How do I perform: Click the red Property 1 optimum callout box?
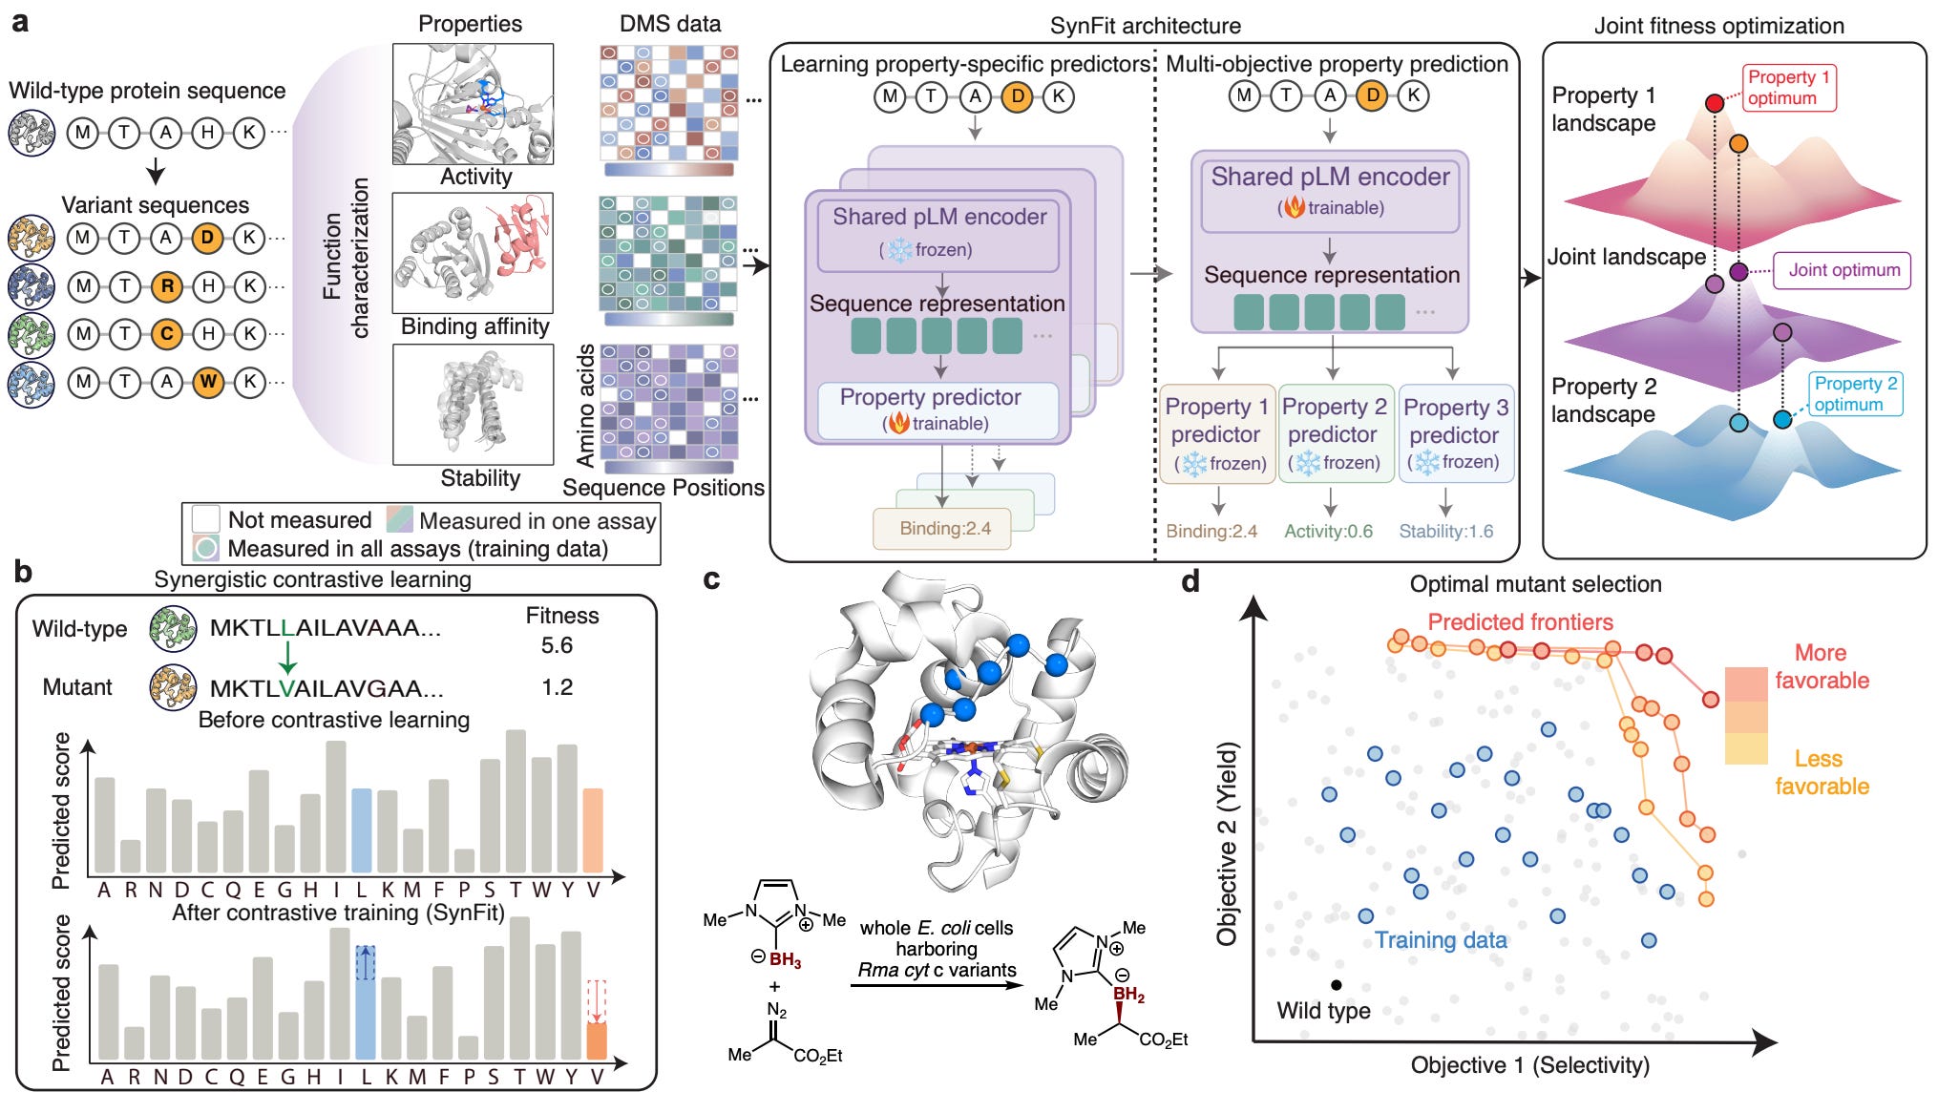coord(1788,88)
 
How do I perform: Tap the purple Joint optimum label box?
coord(1843,270)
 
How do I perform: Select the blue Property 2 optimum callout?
coord(1855,393)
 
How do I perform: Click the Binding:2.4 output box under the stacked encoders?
coord(942,529)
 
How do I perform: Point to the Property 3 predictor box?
coord(1456,434)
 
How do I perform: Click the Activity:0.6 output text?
coord(1328,532)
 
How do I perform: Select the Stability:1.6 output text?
coord(1446,532)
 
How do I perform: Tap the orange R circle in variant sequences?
coord(167,285)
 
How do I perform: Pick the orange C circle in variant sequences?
coord(167,334)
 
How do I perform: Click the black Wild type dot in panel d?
coord(1337,985)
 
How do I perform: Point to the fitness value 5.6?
coord(557,645)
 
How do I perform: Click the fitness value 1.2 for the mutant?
coord(557,687)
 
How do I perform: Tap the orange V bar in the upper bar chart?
coord(593,830)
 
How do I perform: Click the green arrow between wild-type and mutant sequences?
coord(286,657)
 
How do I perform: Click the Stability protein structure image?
coord(474,405)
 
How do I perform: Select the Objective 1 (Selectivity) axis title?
coord(1529,1065)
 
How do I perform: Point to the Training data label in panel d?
coord(1441,940)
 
